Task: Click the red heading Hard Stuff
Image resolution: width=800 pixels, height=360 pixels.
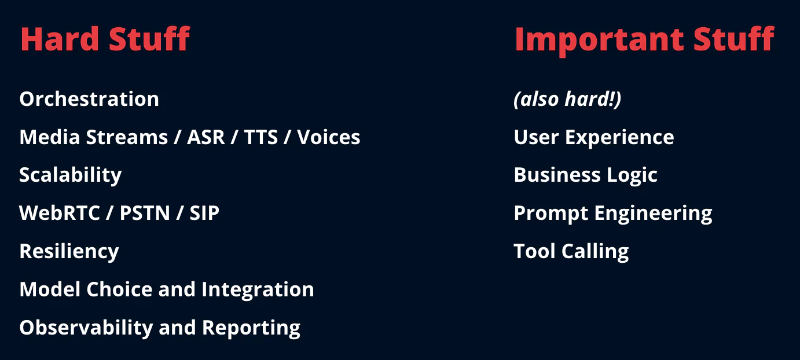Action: click(105, 39)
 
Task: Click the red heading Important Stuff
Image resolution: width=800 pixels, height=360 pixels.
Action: click(644, 39)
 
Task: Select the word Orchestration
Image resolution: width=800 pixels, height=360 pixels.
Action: click(89, 99)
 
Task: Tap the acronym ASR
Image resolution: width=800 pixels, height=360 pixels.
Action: click(207, 137)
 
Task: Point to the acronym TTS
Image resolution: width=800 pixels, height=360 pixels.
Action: click(260, 137)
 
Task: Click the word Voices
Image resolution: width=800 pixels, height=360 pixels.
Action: click(328, 137)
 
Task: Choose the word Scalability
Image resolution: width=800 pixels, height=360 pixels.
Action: click(71, 175)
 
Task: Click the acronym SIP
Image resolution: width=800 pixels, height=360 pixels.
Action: click(204, 214)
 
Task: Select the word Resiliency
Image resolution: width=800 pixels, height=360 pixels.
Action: click(69, 252)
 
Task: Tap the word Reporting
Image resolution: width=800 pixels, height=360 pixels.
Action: click(251, 328)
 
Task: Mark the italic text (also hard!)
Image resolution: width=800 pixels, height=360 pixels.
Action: click(567, 100)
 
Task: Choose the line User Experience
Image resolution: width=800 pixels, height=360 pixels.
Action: click(594, 137)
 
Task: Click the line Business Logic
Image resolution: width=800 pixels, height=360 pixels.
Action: click(585, 175)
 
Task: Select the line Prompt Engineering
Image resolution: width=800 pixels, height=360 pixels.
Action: click(612, 214)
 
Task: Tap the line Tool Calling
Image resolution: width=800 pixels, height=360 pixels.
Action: click(571, 252)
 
